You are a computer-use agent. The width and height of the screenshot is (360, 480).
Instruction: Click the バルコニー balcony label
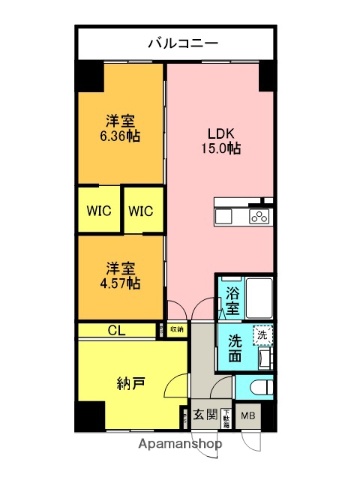[178, 42]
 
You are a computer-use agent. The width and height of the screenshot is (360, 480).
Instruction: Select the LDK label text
[223, 132]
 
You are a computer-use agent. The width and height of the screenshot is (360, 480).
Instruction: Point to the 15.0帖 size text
[223, 149]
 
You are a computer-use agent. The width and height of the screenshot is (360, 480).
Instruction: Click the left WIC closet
[98, 211]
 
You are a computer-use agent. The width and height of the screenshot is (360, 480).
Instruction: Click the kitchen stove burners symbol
[259, 217]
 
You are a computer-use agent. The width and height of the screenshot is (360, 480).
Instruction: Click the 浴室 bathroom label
[231, 295]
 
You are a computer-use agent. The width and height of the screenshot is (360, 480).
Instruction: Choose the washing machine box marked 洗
[264, 337]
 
